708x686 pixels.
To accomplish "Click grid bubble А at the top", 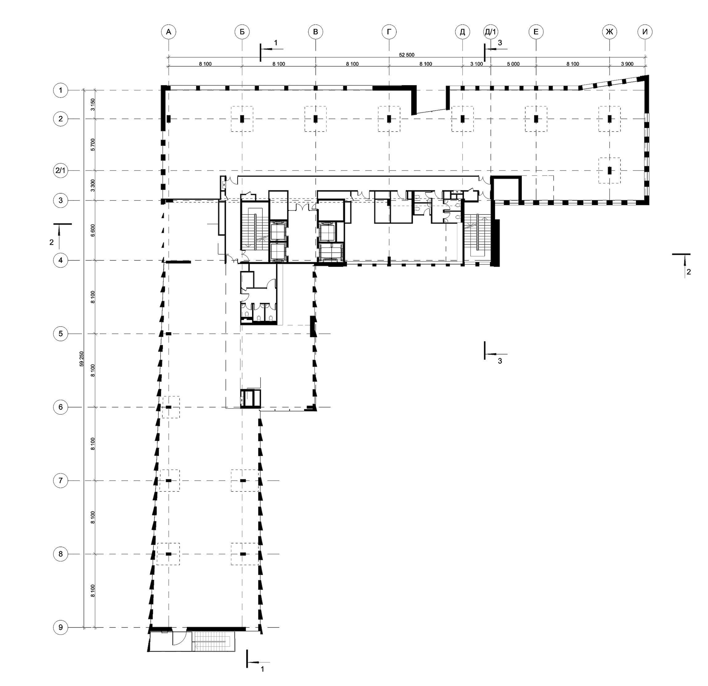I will pyautogui.click(x=168, y=32).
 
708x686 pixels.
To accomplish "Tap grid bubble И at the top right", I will pyautogui.click(x=645, y=32).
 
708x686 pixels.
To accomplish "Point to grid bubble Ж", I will pyautogui.click(x=609, y=32).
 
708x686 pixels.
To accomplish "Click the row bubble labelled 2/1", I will pyautogui.click(x=60, y=170).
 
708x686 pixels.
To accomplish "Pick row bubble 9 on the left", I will pyautogui.click(x=60, y=627).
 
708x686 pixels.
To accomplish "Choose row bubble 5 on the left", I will pyautogui.click(x=60, y=333).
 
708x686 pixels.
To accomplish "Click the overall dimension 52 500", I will pyautogui.click(x=406, y=55).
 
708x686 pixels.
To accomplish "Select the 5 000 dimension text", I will pyautogui.click(x=513, y=64).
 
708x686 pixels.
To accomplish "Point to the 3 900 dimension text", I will pyautogui.click(x=627, y=64).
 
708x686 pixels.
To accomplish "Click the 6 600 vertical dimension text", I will pyautogui.click(x=93, y=230).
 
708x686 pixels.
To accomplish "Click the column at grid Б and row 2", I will pyautogui.click(x=242, y=118).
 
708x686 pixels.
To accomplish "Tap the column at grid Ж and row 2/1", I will pyautogui.click(x=609, y=170).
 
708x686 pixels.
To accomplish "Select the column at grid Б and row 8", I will pyautogui.click(x=243, y=554).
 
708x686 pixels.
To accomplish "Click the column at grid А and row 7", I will pyautogui.click(x=168, y=481).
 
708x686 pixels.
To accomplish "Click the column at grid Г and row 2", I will pyautogui.click(x=389, y=118).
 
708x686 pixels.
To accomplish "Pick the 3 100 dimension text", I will pyautogui.click(x=476, y=64).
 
